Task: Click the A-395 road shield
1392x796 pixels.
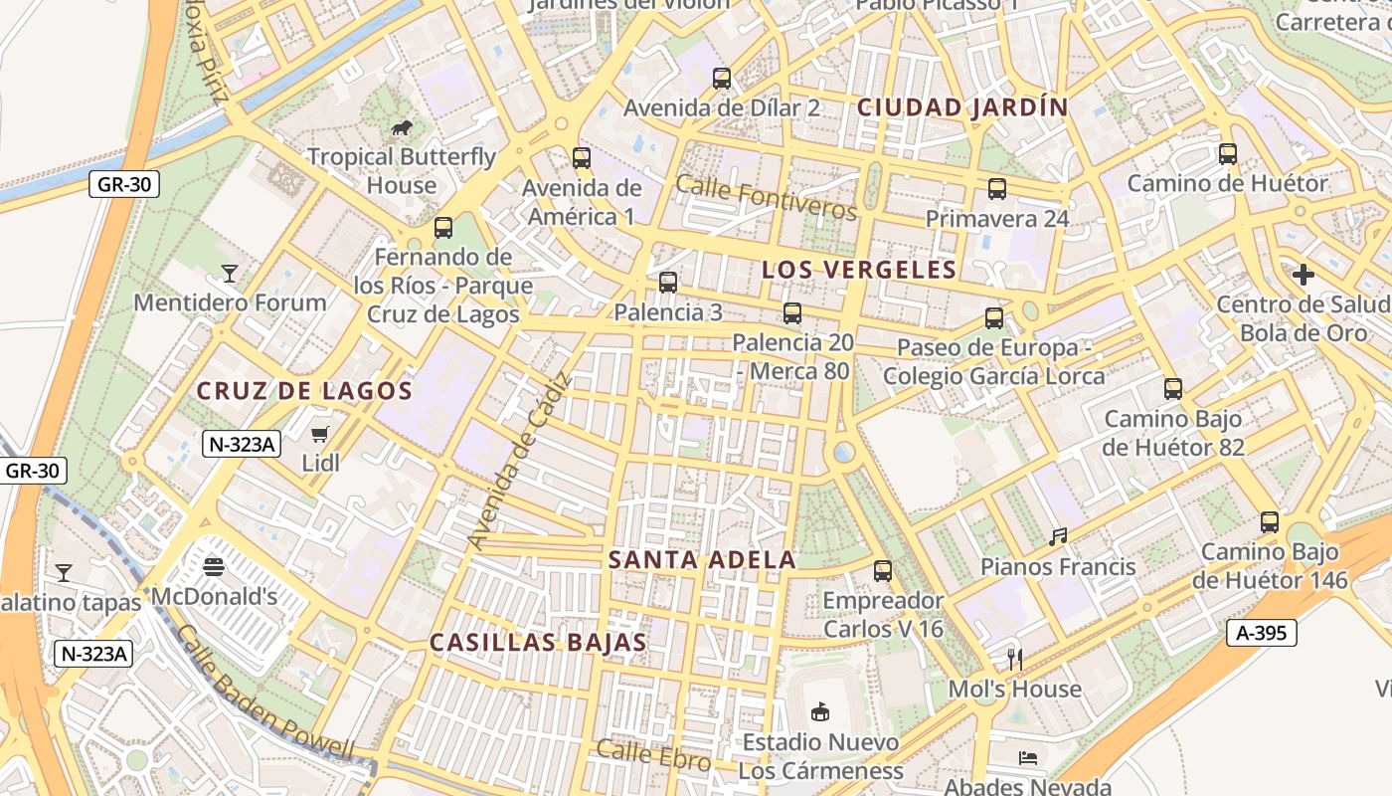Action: pyautogui.click(x=1262, y=633)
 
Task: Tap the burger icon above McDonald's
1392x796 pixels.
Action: pyautogui.click(x=214, y=567)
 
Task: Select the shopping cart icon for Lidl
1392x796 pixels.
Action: pyautogui.click(x=319, y=434)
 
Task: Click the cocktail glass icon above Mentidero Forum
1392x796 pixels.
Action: pyautogui.click(x=230, y=273)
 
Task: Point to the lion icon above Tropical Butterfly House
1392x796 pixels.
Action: pyautogui.click(x=402, y=127)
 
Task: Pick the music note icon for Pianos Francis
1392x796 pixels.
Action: pyautogui.click(x=1058, y=537)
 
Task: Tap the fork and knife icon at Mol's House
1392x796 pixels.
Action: pyautogui.click(x=1014, y=659)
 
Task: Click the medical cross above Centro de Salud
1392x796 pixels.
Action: pyautogui.click(x=1304, y=275)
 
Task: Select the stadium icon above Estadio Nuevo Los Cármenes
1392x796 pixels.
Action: pyautogui.click(x=820, y=711)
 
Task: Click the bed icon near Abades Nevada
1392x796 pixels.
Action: pyautogui.click(x=1028, y=758)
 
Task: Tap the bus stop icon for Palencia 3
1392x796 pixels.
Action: pyautogui.click(x=668, y=283)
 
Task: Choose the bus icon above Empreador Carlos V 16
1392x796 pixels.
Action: pyautogui.click(x=883, y=571)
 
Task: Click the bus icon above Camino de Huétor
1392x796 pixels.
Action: pyautogui.click(x=1228, y=154)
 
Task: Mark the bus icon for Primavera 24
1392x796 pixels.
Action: pyautogui.click(x=997, y=189)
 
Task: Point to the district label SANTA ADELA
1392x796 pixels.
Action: pyautogui.click(x=702, y=560)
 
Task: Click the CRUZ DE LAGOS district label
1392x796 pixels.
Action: pyautogui.click(x=304, y=391)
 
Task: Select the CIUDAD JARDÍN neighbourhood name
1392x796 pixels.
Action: pyautogui.click(x=962, y=107)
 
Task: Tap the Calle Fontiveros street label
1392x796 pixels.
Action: pyautogui.click(x=766, y=197)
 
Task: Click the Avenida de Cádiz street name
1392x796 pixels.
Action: pyautogui.click(x=521, y=461)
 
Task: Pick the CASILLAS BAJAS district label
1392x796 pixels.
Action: pyautogui.click(x=538, y=643)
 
